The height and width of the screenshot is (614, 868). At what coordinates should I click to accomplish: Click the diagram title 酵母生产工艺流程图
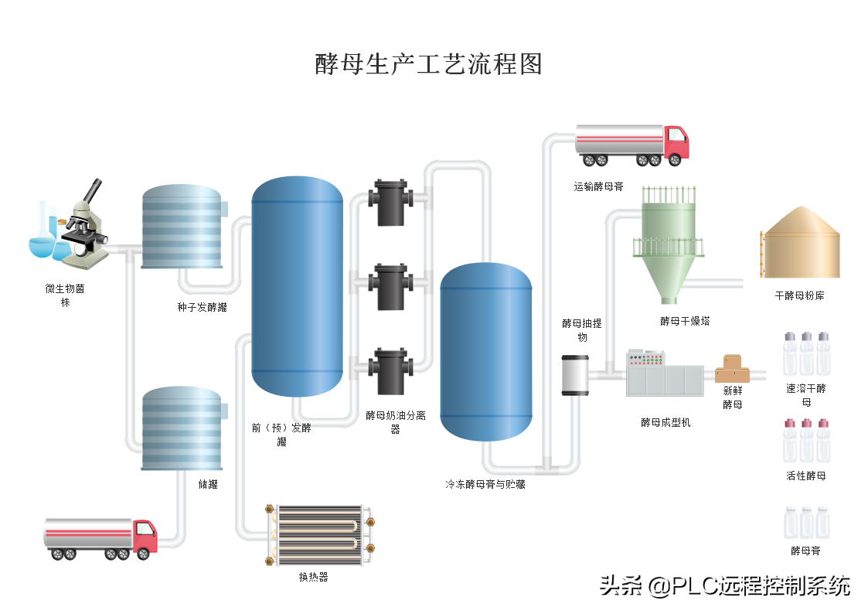[428, 64]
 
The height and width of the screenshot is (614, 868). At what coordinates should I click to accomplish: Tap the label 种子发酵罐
[202, 307]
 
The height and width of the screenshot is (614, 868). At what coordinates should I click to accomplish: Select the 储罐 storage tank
[182, 428]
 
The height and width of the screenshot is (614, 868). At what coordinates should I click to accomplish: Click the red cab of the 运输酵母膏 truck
[676, 143]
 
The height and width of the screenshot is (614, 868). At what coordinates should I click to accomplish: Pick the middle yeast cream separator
[391, 287]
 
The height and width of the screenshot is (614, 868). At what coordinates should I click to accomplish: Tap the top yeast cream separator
[391, 203]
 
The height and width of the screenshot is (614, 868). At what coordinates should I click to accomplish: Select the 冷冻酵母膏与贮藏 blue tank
[486, 352]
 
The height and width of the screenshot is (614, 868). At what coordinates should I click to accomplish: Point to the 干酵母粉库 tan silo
[800, 243]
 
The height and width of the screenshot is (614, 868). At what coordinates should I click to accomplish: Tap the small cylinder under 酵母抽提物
[575, 375]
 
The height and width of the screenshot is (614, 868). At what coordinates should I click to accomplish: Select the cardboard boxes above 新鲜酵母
[732, 369]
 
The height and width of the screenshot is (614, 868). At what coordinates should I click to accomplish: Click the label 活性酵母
[806, 476]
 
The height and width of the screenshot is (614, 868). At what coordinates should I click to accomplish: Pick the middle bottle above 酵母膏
[806, 524]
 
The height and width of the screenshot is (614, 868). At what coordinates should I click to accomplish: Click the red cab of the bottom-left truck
[145, 537]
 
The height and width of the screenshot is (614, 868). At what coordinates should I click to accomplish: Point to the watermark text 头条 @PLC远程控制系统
[725, 585]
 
